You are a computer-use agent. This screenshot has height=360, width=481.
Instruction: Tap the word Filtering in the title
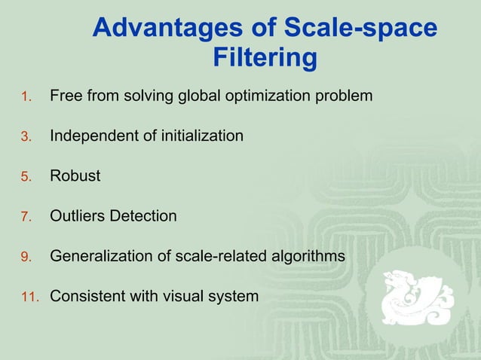tap(264, 58)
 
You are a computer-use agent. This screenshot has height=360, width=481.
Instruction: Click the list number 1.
tap(25, 96)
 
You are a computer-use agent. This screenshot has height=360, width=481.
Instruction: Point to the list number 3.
tap(25, 137)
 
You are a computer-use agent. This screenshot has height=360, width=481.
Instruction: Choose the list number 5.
tap(25, 177)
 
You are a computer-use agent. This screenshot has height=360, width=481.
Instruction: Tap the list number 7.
tap(25, 217)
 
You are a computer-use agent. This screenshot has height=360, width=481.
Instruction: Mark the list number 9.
tap(25, 257)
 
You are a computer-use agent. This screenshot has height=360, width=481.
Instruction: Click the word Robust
tap(75, 176)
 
